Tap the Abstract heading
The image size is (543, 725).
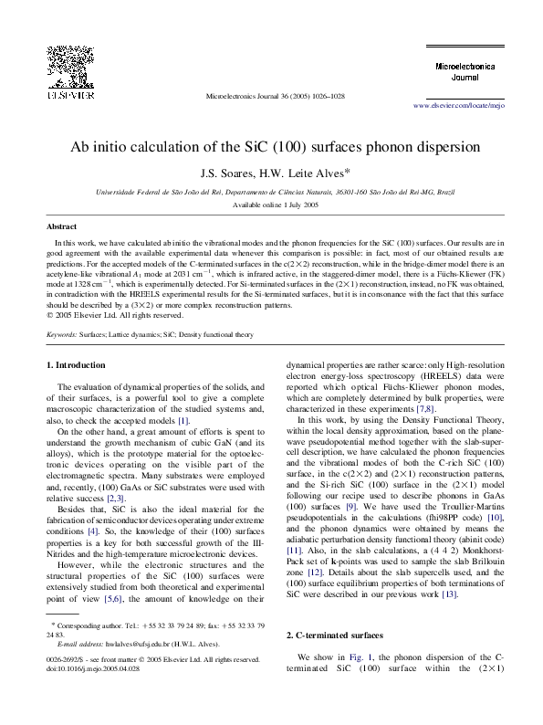point(62,225)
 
